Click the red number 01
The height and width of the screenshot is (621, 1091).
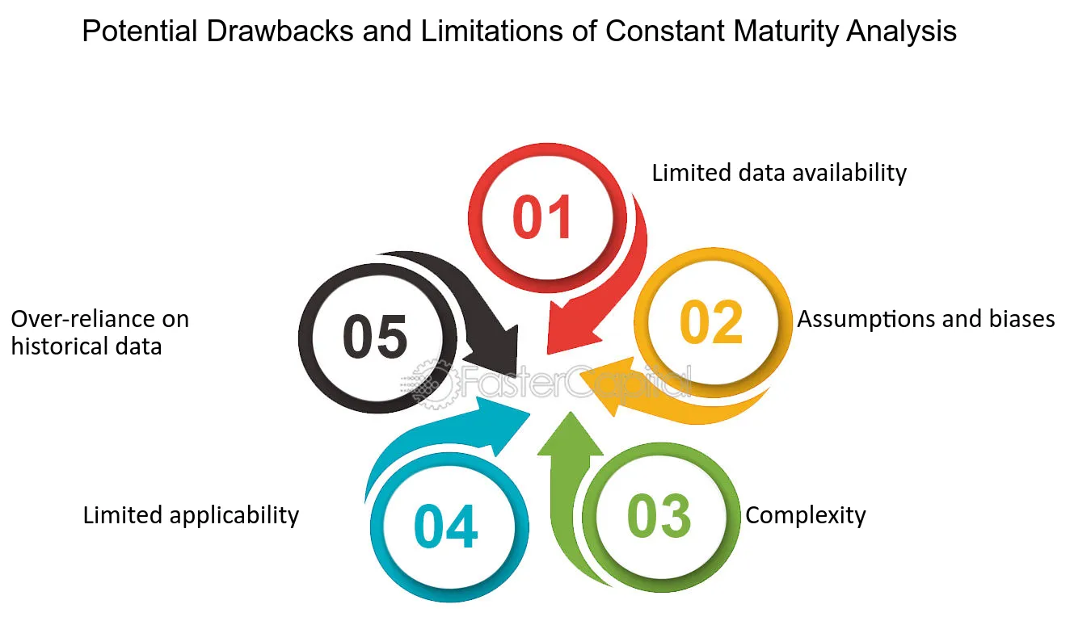click(542, 216)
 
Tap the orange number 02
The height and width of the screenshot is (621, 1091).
click(711, 321)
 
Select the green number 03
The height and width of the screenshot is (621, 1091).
click(659, 515)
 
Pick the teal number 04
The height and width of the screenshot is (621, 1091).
click(445, 526)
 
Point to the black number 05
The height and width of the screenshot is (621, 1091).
click(375, 336)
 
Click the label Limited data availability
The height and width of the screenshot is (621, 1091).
click(779, 174)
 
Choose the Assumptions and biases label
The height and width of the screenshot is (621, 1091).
click(926, 320)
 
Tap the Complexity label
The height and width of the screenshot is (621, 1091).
click(806, 515)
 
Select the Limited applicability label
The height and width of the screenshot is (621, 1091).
click(191, 515)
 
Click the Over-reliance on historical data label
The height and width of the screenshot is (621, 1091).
click(100, 333)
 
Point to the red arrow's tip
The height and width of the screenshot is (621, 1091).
click(549, 353)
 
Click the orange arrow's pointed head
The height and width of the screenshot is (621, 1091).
click(581, 374)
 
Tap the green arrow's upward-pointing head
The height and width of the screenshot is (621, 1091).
click(571, 413)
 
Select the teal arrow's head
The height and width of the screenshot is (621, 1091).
click(529, 415)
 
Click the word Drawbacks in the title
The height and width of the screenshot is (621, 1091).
click(280, 31)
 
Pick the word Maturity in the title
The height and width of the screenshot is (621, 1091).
click(786, 32)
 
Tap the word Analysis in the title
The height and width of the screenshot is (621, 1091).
click(902, 32)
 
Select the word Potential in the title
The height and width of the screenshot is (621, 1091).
click(139, 31)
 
